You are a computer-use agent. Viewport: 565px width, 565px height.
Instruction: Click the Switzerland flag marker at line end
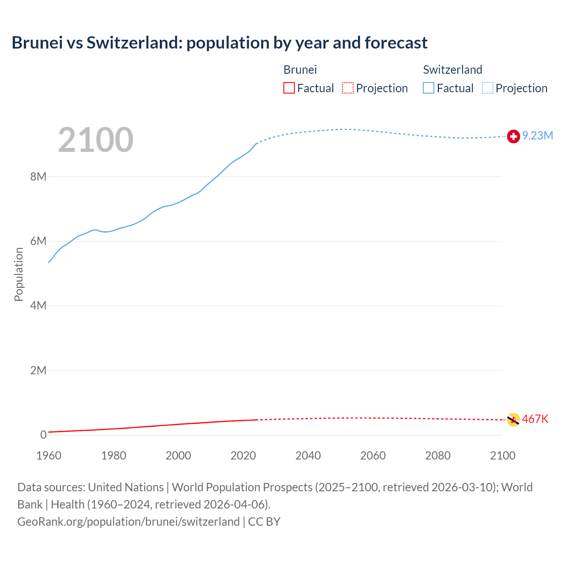513,136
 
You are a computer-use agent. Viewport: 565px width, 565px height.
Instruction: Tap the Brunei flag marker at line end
513,420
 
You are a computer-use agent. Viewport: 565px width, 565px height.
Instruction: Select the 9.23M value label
538,136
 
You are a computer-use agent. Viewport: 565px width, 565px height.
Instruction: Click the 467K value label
535,419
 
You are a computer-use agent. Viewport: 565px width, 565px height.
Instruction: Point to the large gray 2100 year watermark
95,140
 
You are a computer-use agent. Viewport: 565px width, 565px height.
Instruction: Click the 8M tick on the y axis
38,177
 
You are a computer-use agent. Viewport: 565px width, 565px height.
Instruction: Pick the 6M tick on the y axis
38,241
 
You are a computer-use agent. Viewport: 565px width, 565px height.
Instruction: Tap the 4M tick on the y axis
38,305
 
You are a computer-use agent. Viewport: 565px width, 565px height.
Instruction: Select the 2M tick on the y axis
38,370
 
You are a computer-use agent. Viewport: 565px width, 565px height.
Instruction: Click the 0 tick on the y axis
43,435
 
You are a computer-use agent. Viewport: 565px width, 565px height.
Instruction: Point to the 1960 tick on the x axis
49,456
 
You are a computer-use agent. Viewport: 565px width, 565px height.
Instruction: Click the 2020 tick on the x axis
243,456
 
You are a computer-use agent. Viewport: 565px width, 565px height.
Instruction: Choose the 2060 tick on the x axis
373,456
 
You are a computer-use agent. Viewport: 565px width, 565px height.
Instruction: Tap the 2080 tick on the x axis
438,456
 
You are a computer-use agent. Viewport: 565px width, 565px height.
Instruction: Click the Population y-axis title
19,274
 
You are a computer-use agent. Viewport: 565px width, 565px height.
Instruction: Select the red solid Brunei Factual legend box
289,88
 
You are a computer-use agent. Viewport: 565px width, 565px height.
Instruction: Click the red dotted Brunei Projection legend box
348,88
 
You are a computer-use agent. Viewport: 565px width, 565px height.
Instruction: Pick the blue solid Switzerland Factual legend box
429,88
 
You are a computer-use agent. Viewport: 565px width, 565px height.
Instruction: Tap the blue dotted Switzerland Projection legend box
488,88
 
